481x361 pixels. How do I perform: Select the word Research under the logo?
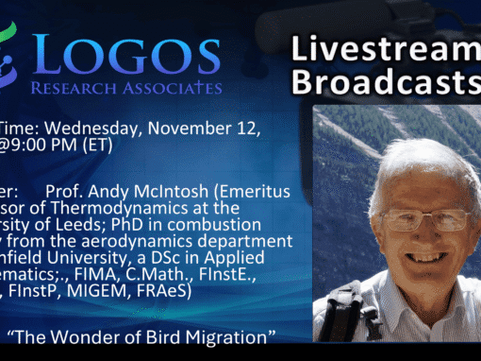pyautogui.click(x=94, y=89)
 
